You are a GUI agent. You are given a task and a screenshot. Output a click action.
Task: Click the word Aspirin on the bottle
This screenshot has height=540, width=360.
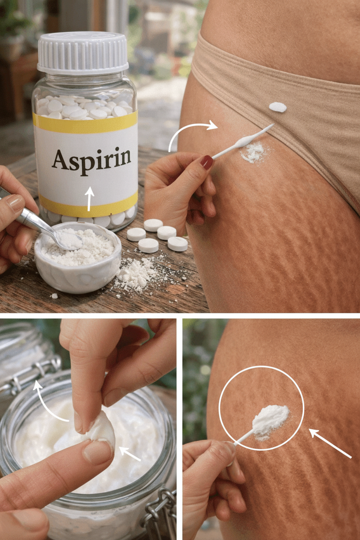pos(91,159)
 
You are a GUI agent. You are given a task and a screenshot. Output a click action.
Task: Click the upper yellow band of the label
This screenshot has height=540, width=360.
pos(85,122)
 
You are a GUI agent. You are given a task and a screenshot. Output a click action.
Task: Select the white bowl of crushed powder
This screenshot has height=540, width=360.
pos(77,260)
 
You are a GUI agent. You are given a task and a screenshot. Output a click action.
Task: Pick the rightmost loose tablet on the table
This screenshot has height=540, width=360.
pos(178,244)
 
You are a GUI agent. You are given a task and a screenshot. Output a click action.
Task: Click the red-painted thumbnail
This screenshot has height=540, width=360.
pos(207,162)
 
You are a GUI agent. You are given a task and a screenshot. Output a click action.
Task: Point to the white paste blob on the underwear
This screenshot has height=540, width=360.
pos(277,107)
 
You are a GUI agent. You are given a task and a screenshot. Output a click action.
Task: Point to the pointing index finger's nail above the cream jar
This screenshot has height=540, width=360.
pos(98,452)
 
